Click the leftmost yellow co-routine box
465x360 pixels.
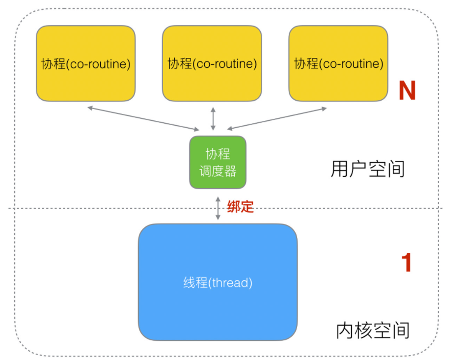(x=86, y=63)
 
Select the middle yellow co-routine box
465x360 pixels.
(x=212, y=63)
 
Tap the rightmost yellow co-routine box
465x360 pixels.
(x=338, y=63)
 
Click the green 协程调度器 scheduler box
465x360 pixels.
(x=218, y=162)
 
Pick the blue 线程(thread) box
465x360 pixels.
(x=218, y=282)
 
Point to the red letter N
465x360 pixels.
(x=407, y=90)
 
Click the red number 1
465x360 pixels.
(x=406, y=262)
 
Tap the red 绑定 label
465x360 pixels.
(x=240, y=207)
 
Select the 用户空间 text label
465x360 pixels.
(x=368, y=169)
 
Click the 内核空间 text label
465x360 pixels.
(x=373, y=331)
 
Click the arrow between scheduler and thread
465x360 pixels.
(x=218, y=208)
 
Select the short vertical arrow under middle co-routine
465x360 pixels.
(x=213, y=119)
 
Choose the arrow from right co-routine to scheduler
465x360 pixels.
(x=277, y=119)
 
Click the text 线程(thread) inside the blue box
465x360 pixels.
(x=218, y=282)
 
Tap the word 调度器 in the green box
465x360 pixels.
(x=218, y=171)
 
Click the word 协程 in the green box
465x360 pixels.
(x=218, y=154)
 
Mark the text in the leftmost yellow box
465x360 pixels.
(x=86, y=64)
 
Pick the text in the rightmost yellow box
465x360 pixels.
(x=339, y=64)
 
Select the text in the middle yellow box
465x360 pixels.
(x=212, y=64)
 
